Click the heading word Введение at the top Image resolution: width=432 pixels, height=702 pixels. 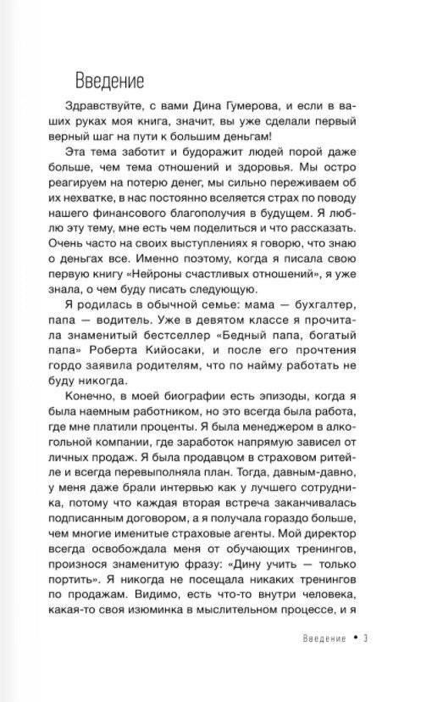coord(110,81)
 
